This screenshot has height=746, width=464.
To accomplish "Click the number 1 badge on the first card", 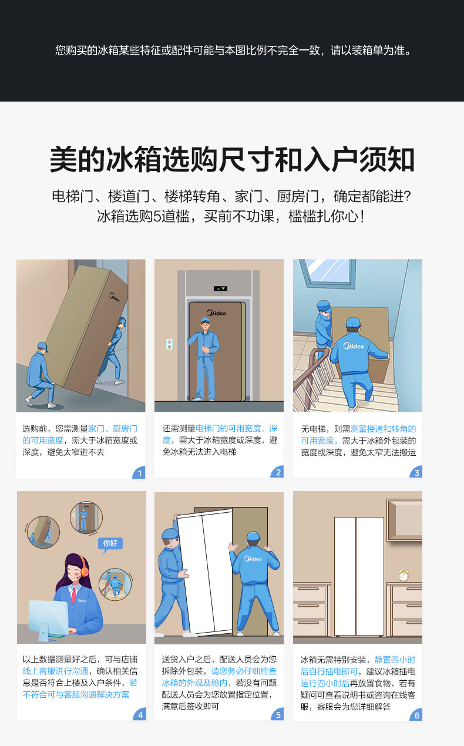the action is coord(140,473).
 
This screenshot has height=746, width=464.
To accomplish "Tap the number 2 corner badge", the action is coord(278,472).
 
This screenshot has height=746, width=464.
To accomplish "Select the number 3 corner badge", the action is coord(416,472).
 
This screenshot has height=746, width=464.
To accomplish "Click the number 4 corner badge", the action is coord(140,714).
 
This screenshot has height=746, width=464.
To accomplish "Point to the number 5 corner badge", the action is coord(278,714).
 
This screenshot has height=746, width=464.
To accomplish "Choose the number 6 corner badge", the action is coord(416,715).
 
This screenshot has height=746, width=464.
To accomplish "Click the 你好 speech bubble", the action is coord(110,544).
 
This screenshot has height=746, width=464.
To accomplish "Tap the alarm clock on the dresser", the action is coord(404,575).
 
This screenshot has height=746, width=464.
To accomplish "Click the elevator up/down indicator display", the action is coord(220,288).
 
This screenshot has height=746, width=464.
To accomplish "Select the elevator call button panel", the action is coord(169,344).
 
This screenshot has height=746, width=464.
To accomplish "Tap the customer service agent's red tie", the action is coord(73,596).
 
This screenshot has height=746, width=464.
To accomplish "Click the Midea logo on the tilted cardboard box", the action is coord(115,297).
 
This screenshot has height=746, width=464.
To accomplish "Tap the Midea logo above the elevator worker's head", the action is coord(216,312).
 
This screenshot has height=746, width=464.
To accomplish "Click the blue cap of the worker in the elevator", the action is coord(205,321).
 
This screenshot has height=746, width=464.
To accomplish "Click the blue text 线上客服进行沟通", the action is coord(55,671).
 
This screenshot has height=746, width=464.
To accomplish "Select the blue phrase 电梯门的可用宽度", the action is coord(228,428).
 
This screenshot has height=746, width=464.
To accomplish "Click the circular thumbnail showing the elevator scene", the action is coord(86,518).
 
